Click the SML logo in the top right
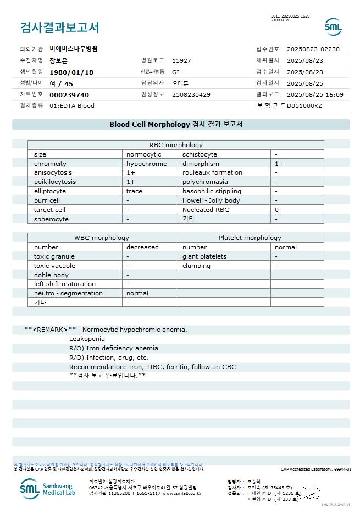[333, 26]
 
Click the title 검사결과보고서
[59, 27]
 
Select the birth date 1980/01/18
[71, 72]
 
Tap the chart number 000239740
[69, 95]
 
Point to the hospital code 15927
[181, 61]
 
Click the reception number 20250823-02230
[313, 49]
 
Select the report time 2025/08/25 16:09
[315, 95]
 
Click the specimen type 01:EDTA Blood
[72, 105]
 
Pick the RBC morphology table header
[176, 145]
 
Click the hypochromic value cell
[146, 164]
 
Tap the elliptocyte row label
[50, 191]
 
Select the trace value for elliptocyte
[134, 191]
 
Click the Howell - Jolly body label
[211, 200]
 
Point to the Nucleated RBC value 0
[276, 210]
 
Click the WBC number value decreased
[142, 247]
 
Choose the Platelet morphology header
[250, 238]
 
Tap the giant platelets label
[204, 256]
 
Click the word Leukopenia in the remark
[87, 339]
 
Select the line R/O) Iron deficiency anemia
[113, 348]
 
